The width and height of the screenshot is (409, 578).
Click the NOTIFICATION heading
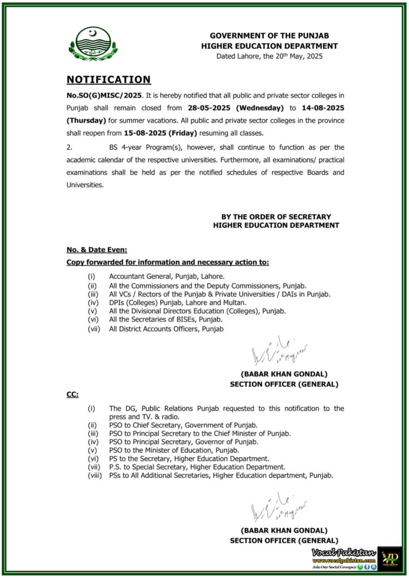(108, 80)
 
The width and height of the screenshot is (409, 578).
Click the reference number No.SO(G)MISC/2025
(101, 94)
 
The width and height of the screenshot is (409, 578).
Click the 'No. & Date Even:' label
(97, 249)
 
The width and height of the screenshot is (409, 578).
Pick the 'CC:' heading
(72, 394)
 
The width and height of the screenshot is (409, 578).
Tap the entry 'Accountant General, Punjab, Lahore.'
(167, 277)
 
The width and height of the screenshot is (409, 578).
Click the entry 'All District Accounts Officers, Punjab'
(167, 329)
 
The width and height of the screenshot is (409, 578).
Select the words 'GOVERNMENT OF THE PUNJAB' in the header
(269, 36)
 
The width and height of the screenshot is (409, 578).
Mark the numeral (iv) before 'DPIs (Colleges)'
(91, 303)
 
